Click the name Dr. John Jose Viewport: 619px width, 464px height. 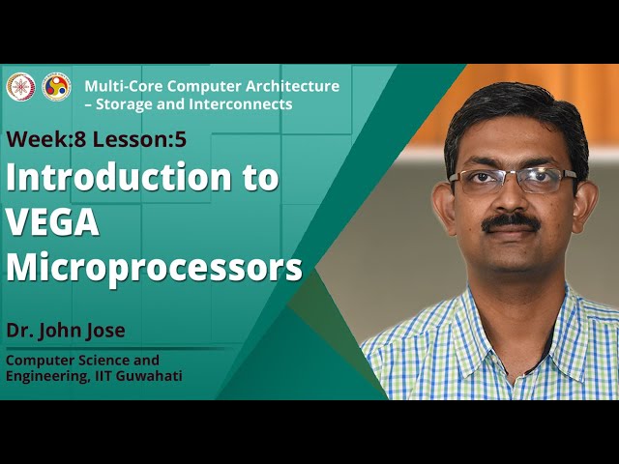(x=66, y=332)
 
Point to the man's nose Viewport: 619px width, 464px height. (x=510, y=198)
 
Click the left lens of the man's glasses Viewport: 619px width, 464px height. (x=479, y=181)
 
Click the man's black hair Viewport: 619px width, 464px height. (x=513, y=106)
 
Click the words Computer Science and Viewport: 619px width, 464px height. (x=83, y=361)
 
